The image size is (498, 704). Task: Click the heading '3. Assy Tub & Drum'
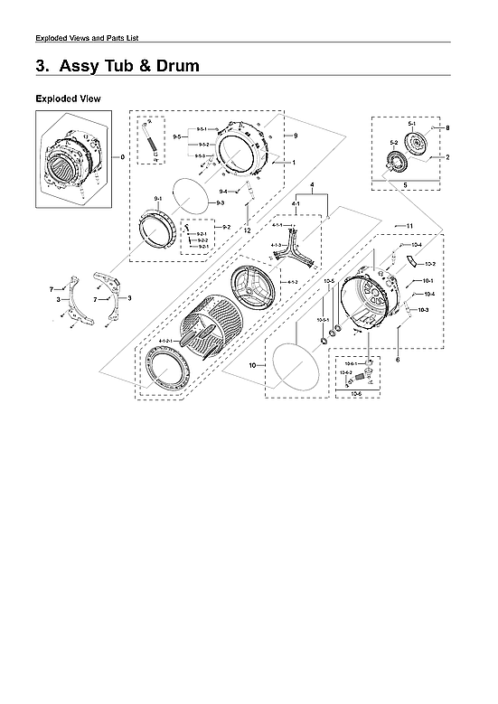coord(117,66)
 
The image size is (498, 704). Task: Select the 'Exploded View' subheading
coord(68,98)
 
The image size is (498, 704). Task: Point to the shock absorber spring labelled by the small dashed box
coord(150,140)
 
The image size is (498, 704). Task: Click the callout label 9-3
coord(220,204)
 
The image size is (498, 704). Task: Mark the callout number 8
coord(446,128)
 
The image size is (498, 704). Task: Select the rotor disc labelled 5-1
coord(418,145)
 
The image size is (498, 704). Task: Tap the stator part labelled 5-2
coord(394,164)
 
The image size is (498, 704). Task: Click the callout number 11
coord(409,225)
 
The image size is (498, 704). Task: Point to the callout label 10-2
coord(430,264)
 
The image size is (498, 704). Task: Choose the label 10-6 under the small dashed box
coord(355,394)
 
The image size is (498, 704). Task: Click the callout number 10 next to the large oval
coord(253,365)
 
